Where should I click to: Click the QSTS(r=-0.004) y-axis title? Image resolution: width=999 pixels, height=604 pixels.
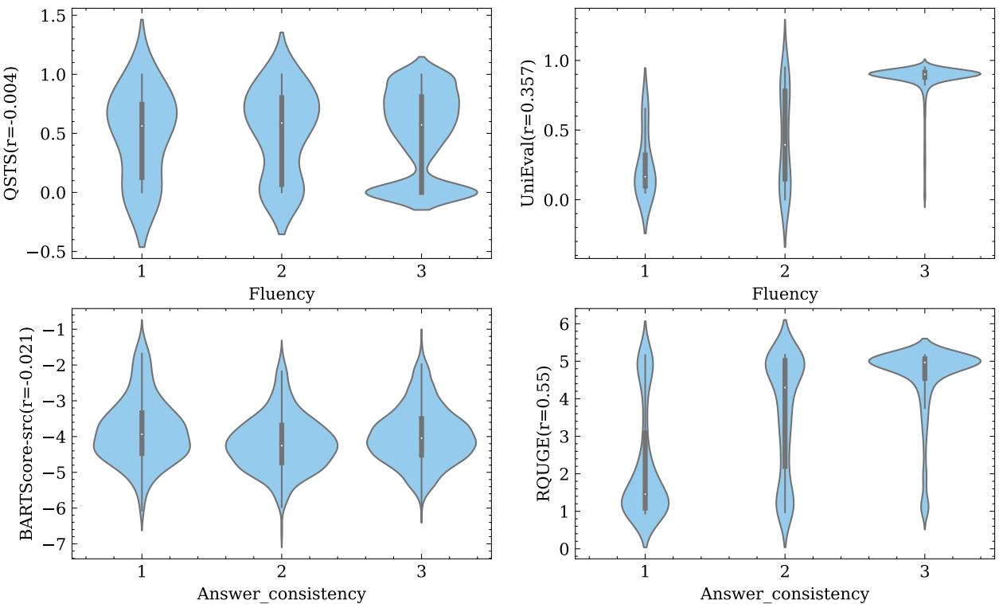(x=11, y=133)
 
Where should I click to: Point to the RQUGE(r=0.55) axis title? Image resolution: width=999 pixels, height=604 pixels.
(x=544, y=434)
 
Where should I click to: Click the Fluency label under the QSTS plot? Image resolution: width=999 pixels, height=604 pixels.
(x=281, y=294)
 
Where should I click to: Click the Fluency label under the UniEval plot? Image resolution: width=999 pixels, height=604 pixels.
(x=784, y=294)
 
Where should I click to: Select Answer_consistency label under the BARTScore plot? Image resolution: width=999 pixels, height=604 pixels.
(x=281, y=594)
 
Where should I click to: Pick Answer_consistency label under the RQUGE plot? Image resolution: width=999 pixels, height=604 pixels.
(x=784, y=594)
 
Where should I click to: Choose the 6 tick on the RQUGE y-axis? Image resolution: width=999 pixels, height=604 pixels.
(x=563, y=324)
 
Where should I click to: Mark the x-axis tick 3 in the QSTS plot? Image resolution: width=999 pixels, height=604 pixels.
(x=421, y=271)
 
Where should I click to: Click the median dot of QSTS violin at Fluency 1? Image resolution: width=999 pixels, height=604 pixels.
(x=142, y=126)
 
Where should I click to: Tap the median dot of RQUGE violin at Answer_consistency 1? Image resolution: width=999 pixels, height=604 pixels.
(x=645, y=494)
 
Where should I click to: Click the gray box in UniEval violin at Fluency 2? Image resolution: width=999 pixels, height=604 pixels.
(x=785, y=135)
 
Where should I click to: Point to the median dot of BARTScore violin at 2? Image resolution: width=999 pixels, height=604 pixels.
(x=282, y=445)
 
